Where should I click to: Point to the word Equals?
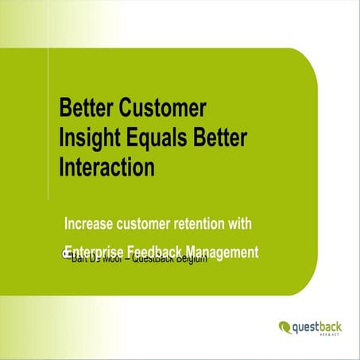[161, 136]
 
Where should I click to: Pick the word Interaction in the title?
[106, 166]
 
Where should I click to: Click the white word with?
[254, 223]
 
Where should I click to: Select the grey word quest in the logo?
[307, 325]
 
